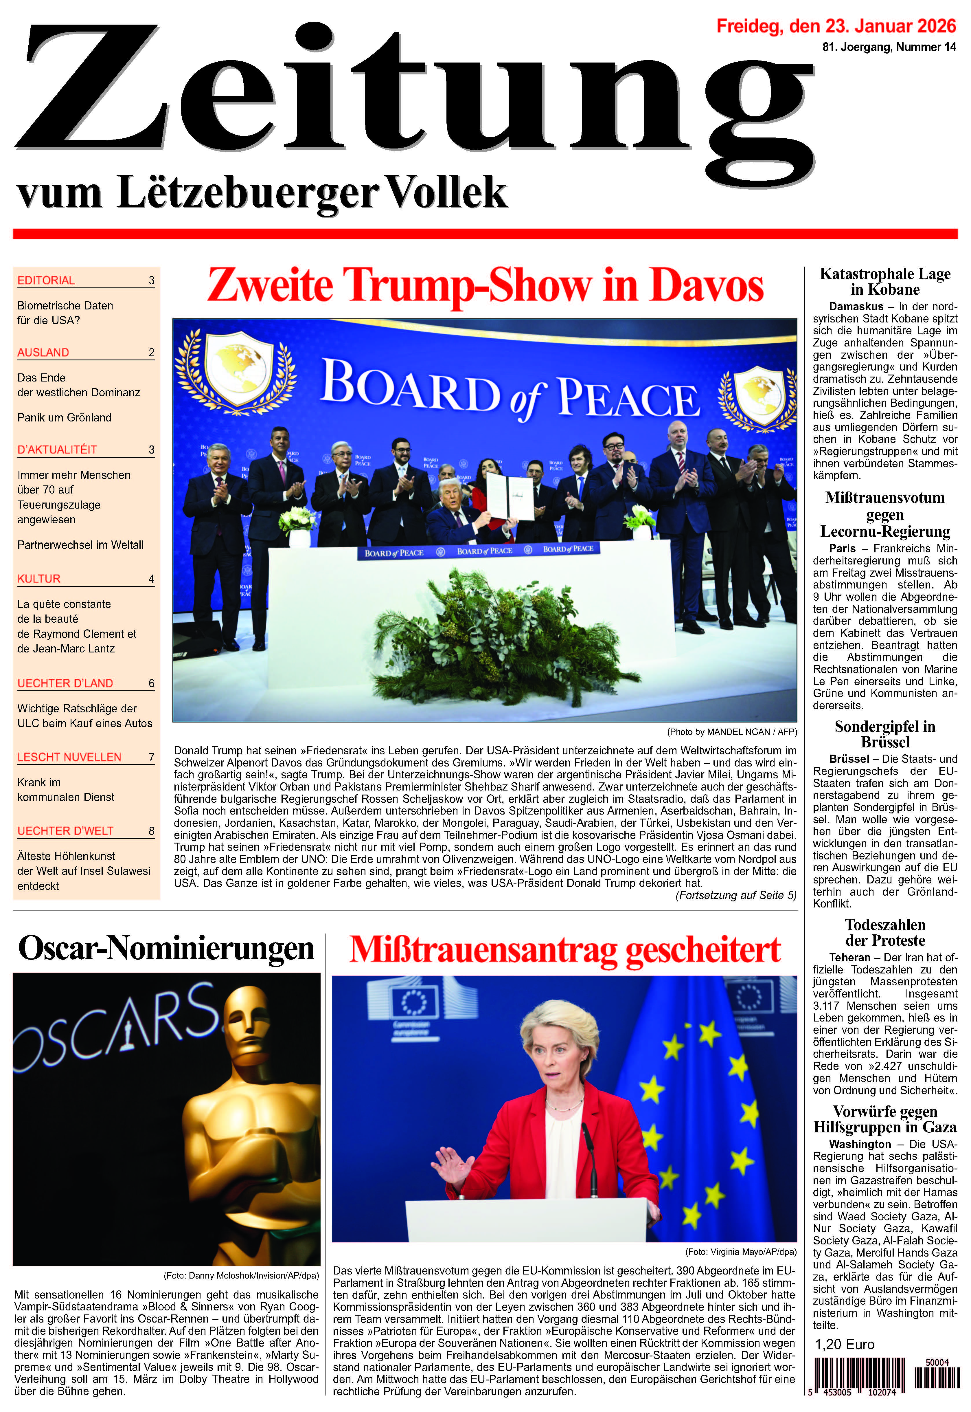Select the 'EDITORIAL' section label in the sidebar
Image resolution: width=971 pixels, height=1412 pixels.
(46, 280)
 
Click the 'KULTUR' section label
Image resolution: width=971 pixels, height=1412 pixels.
(39, 579)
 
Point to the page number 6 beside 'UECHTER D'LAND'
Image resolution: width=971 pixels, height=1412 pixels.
(152, 683)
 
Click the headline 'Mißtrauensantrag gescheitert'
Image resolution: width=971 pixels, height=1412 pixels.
(564, 950)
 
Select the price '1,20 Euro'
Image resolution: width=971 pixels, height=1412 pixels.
(845, 1345)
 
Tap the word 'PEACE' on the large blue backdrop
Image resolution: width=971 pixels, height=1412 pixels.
(628, 399)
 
